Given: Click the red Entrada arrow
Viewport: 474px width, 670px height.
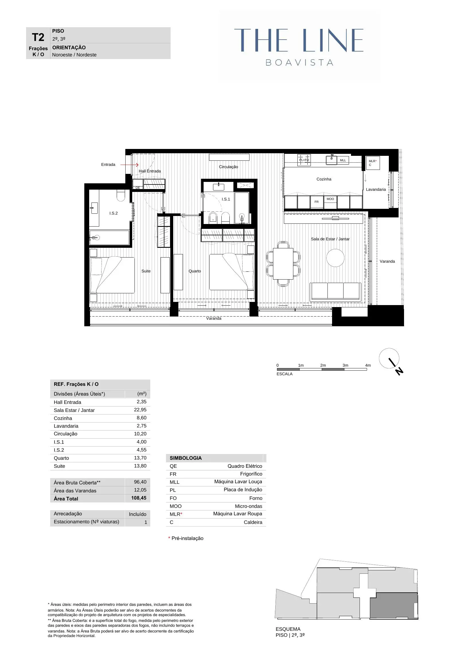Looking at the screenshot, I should click(x=129, y=165).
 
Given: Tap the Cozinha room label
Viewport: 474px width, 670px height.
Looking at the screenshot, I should click(x=323, y=179).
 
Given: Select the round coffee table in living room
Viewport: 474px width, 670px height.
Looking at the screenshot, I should click(x=335, y=258).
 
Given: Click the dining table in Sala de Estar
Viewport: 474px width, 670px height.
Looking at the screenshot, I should click(x=283, y=264).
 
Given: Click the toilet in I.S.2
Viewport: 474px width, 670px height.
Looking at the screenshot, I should click(x=121, y=195).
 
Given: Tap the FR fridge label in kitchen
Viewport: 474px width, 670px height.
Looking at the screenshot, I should click(x=316, y=202).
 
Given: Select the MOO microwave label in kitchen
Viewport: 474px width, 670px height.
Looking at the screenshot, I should click(x=330, y=199).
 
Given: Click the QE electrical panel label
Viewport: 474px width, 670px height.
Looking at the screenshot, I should click(x=138, y=188).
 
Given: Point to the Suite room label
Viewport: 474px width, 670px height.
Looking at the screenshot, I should click(x=146, y=271).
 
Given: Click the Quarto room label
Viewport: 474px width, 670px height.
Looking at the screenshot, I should click(x=194, y=271).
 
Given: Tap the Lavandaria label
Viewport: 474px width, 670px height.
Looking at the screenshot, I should click(x=376, y=189).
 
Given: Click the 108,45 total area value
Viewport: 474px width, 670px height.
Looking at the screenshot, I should click(x=139, y=498).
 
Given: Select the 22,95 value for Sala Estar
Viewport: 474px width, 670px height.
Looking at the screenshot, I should click(x=140, y=410).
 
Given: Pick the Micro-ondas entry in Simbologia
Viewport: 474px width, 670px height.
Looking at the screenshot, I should click(x=248, y=506).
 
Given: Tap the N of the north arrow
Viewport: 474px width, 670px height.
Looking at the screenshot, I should click(x=399, y=371).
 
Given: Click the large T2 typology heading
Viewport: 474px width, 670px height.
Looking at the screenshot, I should click(x=38, y=37).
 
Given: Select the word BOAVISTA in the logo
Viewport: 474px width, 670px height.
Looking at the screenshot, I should click(x=299, y=63).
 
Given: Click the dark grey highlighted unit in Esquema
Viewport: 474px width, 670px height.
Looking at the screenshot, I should click(x=393, y=606).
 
